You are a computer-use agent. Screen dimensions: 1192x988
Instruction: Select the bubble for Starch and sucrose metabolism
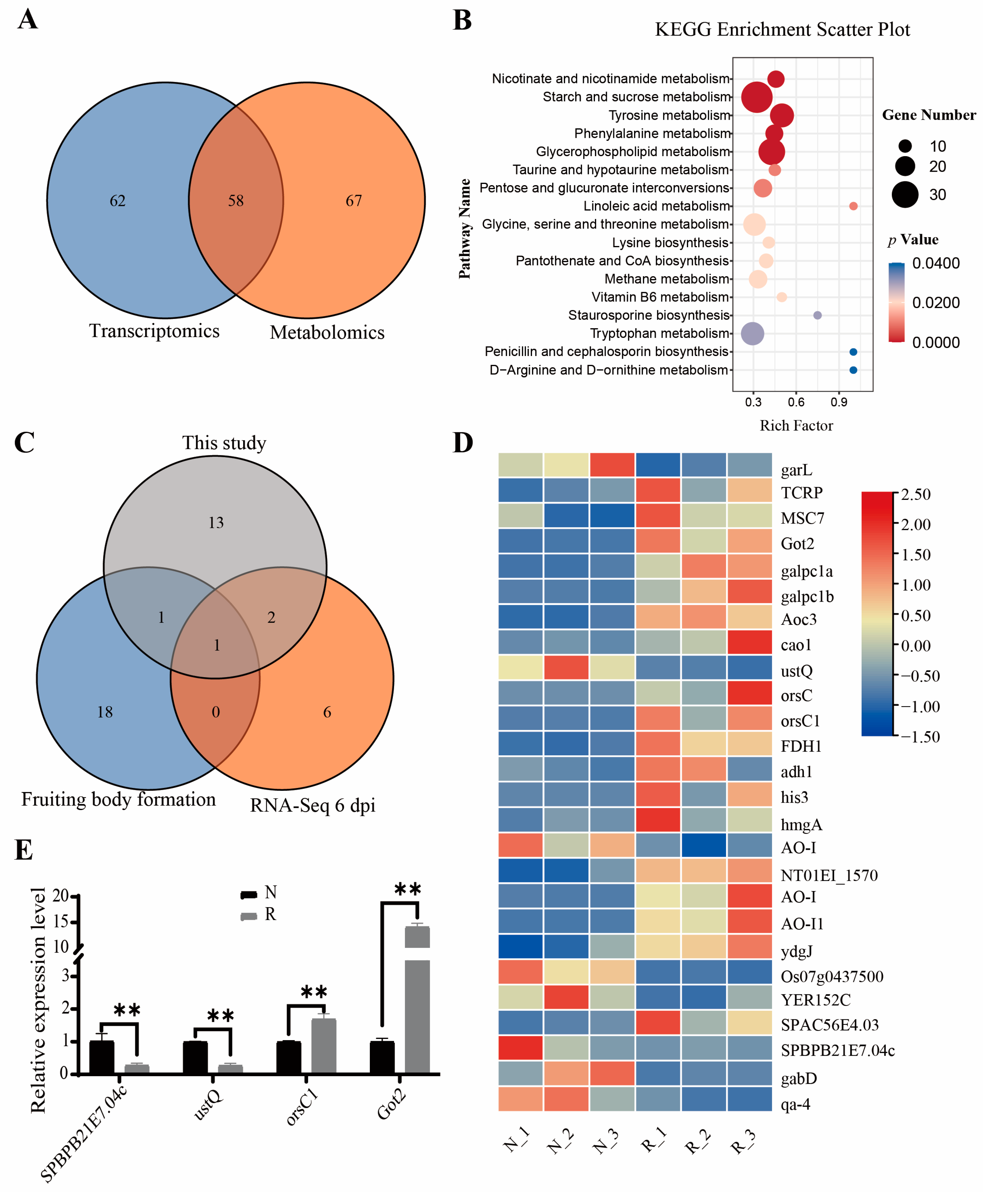point(756,97)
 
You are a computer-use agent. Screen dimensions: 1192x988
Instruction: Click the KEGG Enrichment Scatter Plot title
point(782,30)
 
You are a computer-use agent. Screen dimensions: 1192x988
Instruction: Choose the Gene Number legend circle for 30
point(905,195)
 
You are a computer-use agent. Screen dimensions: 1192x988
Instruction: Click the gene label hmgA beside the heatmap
point(801,824)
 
